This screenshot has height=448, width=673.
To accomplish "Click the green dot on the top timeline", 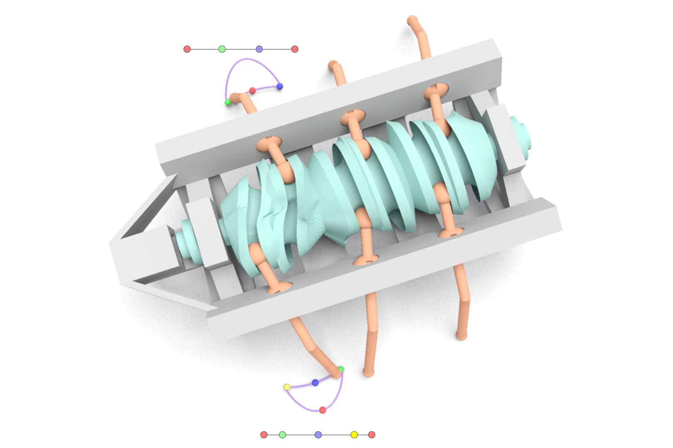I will pyautogui.click(x=222, y=49).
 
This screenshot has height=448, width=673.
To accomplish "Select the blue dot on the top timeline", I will pyautogui.click(x=259, y=49).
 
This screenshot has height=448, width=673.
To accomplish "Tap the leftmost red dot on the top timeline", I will pyautogui.click(x=187, y=49).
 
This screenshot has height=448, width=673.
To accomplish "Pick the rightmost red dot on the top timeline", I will pyautogui.click(x=295, y=49).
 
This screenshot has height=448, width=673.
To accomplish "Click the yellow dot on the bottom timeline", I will pyautogui.click(x=354, y=435).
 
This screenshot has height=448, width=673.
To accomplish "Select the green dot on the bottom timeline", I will pyautogui.click(x=282, y=435).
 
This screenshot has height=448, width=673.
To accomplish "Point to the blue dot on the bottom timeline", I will pyautogui.click(x=318, y=435).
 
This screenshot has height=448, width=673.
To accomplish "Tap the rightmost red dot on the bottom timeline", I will pyautogui.click(x=372, y=435).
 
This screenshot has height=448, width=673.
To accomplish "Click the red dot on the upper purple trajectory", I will pyautogui.click(x=253, y=90).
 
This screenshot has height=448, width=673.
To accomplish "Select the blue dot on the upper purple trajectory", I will pyautogui.click(x=280, y=86).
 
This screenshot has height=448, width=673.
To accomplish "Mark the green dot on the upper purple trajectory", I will pyautogui.click(x=228, y=102).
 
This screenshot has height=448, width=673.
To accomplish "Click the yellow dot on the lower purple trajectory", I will pyautogui.click(x=287, y=387).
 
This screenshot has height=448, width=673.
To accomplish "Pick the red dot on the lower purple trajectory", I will pyautogui.click(x=323, y=410).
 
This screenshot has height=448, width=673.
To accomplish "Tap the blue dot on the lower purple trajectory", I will pyautogui.click(x=315, y=382).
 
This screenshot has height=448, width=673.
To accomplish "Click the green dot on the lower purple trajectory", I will pyautogui.click(x=341, y=369).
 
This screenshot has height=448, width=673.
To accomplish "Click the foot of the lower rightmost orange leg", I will pyautogui.click(x=461, y=335).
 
